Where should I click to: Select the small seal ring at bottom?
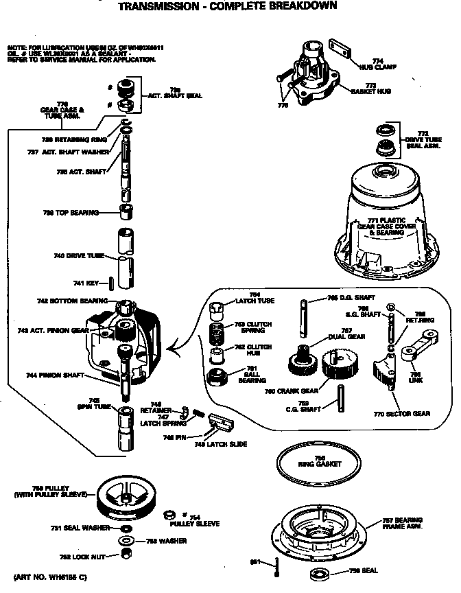(x=319, y=574)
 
